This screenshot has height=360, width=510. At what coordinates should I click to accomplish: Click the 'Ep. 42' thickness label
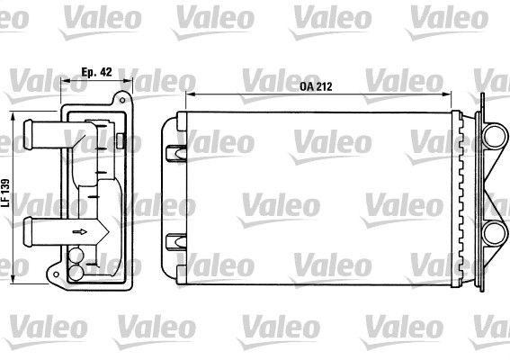tap(96, 72)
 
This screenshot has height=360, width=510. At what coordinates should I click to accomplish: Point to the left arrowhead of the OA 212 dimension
tap(185, 94)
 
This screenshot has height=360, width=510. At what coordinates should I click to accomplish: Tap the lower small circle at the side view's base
tap(76, 269)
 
